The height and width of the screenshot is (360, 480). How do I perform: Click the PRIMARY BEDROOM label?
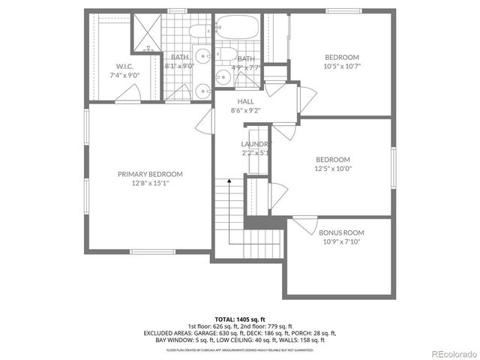click(x=150, y=174)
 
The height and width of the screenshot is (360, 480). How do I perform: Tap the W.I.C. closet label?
click(x=125, y=67)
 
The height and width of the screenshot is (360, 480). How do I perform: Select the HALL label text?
click(x=246, y=101)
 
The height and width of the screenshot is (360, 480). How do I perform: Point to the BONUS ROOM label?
click(x=341, y=232)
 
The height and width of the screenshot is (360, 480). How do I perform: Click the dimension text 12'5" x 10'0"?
click(x=333, y=169)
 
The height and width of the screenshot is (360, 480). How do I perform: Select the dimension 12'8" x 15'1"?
click(x=150, y=183)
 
